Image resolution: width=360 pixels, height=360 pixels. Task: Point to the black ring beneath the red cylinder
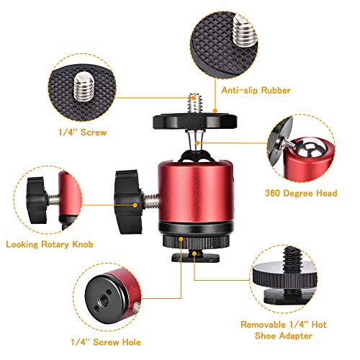[x=192, y=235]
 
